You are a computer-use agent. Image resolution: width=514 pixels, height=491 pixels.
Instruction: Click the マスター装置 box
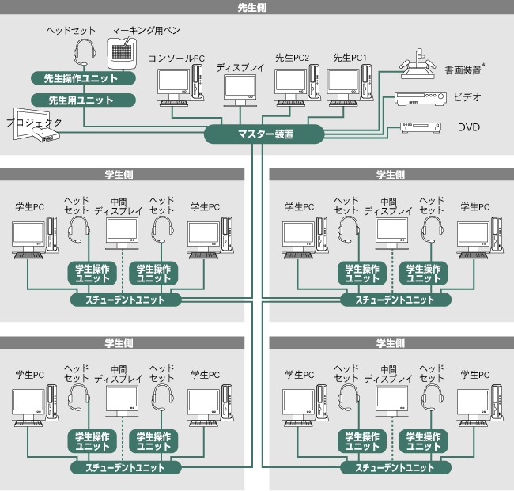265,134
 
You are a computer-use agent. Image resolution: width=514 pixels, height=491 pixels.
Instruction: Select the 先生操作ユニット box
81,79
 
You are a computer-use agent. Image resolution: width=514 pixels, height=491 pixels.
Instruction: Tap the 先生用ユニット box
81,100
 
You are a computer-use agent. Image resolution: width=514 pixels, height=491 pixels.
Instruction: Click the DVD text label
469,127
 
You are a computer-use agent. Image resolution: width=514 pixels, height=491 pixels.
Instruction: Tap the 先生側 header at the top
257,8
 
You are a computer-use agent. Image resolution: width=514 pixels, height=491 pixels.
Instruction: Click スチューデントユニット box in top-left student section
126,300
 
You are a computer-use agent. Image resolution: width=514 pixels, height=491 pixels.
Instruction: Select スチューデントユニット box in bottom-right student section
395,467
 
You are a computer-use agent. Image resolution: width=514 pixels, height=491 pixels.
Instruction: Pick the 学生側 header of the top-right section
391,174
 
